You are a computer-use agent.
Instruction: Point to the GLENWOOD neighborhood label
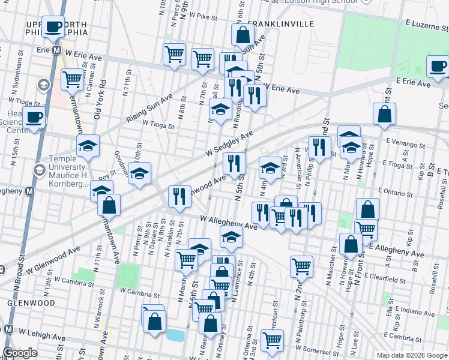(x=23, y=303)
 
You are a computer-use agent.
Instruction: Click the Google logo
(x=20, y=353)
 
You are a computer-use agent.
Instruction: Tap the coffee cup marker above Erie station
(x=53, y=27)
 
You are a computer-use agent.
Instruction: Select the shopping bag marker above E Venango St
(x=384, y=114)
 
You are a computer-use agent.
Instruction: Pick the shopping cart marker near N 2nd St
(x=301, y=265)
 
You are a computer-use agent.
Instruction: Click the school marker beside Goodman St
(x=140, y=173)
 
